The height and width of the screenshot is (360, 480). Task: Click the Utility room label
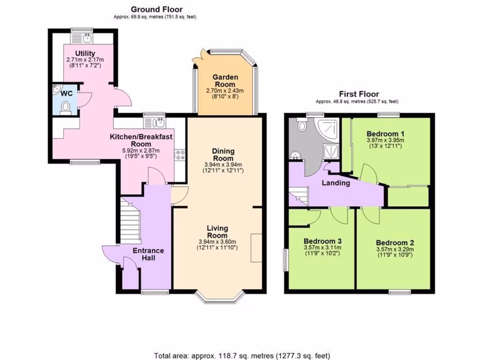85,53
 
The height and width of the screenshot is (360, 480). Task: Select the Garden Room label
225,81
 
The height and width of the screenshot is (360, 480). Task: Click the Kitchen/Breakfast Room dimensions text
141,154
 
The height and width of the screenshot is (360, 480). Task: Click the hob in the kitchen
180,155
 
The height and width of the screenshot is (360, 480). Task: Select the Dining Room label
223,155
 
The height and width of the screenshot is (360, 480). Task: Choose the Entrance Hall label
148,255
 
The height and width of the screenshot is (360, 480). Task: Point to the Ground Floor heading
157,9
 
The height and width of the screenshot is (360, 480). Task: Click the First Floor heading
360,94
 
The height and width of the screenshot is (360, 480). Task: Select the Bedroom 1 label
385,132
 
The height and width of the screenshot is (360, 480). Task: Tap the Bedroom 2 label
395,242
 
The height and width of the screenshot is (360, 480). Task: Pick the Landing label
336,183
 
